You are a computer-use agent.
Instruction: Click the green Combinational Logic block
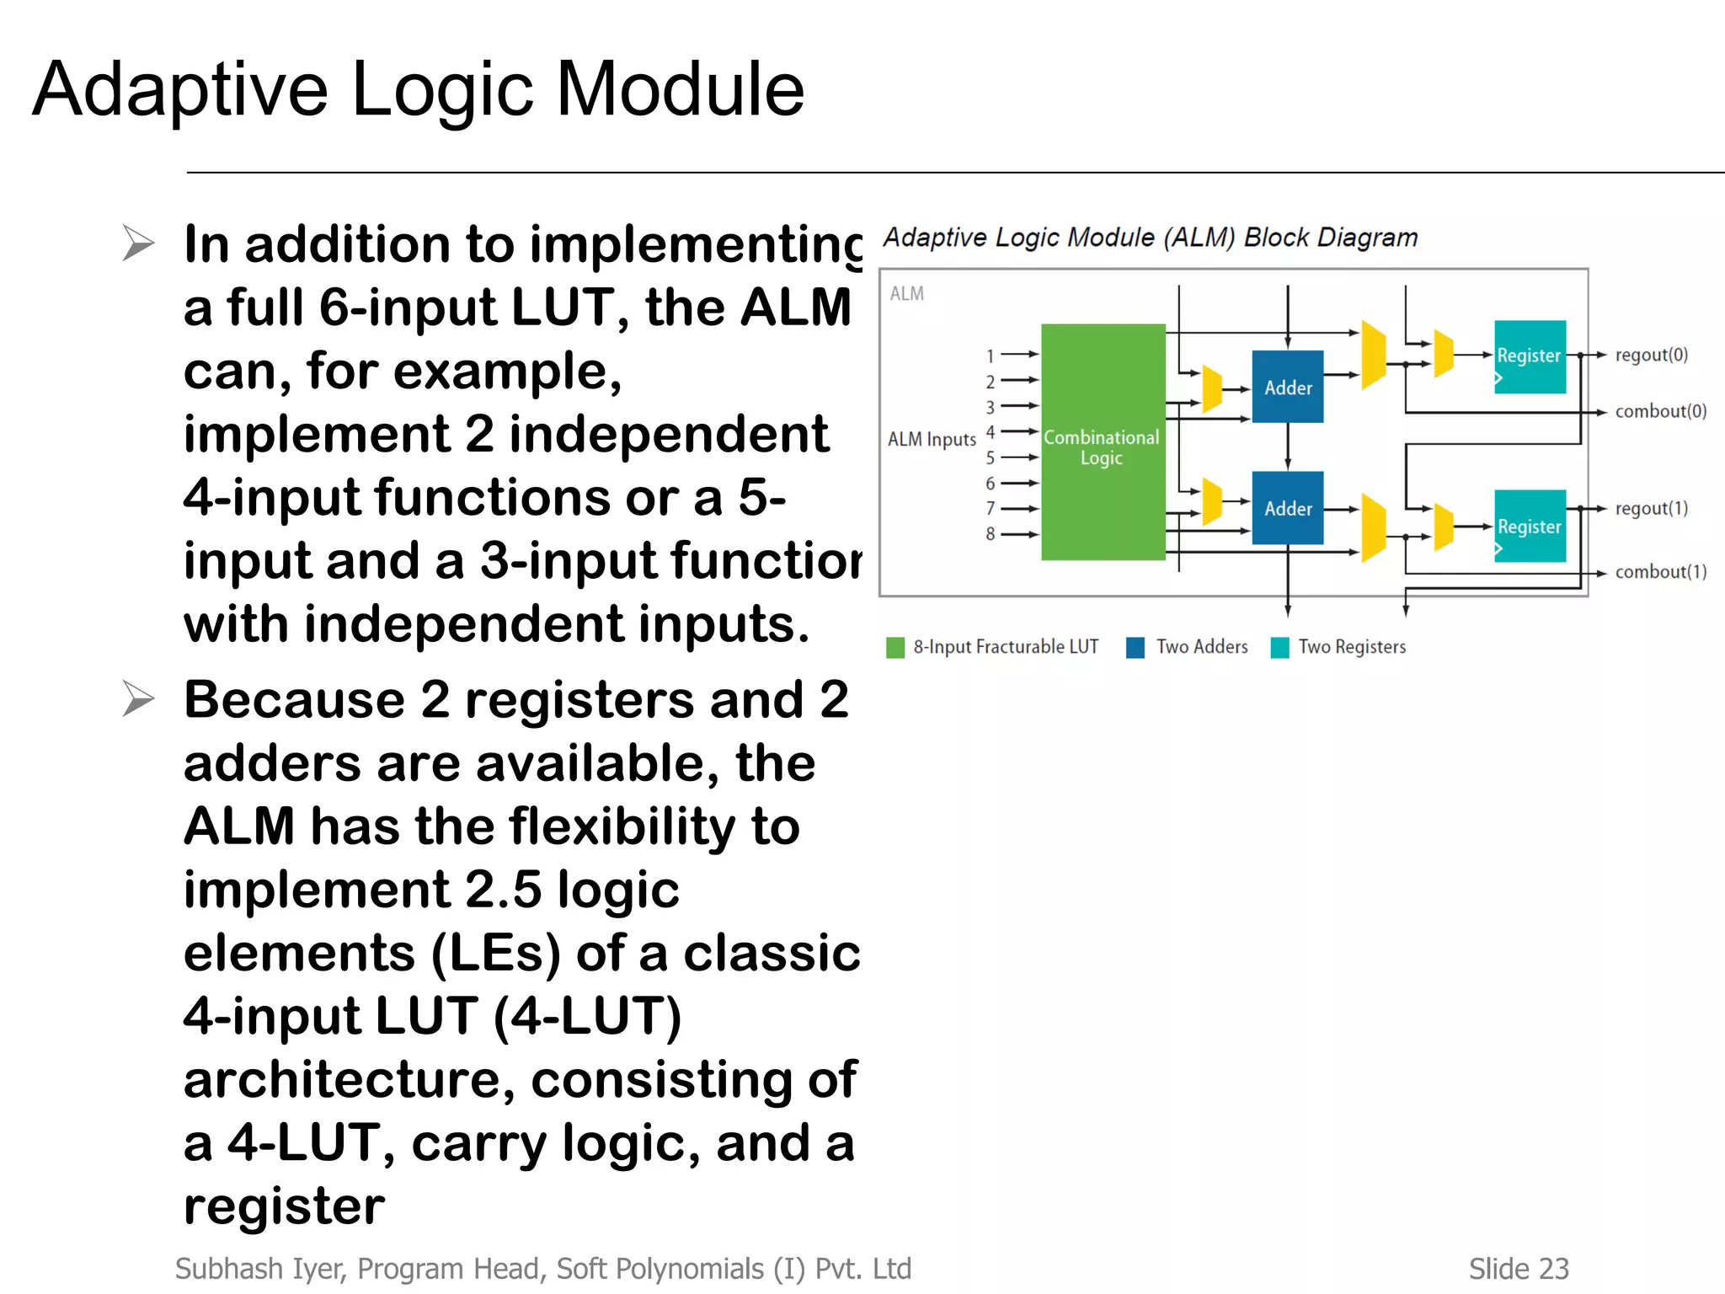1103,442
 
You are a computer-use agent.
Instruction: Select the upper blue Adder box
1287,387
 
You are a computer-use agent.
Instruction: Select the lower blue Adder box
1287,508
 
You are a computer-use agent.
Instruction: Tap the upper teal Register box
1530,356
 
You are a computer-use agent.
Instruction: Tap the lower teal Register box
1530,527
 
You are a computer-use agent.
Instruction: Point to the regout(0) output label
1651,355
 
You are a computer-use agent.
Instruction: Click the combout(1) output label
1660,572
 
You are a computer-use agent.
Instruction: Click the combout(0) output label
1660,411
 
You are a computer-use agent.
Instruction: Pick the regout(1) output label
1651,508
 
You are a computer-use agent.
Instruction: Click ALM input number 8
991,534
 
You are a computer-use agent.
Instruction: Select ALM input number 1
991,356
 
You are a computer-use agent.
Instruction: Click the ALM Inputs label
932,440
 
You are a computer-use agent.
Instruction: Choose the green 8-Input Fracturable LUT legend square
895,647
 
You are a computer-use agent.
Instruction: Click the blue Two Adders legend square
1135,647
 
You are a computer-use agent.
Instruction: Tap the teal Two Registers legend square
1279,647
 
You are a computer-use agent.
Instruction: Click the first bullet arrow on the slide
138,243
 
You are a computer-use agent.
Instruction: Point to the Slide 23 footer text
1518,1269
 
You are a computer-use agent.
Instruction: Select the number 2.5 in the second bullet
503,890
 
